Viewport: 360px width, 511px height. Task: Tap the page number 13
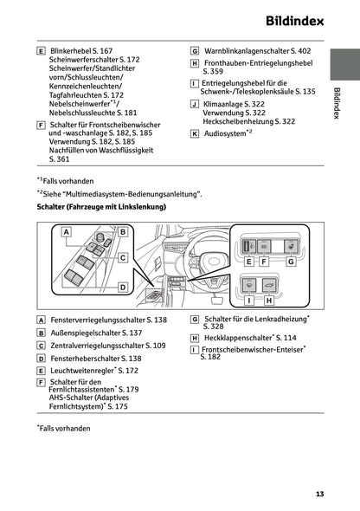[319, 495]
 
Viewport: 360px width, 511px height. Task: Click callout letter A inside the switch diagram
[66, 232]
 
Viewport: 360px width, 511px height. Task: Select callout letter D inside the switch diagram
[123, 287]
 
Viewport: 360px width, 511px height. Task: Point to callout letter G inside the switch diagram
[291, 261]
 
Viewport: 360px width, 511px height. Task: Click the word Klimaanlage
[222, 103]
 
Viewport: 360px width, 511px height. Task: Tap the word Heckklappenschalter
[235, 338]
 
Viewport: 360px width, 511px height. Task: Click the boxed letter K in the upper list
[195, 134]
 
